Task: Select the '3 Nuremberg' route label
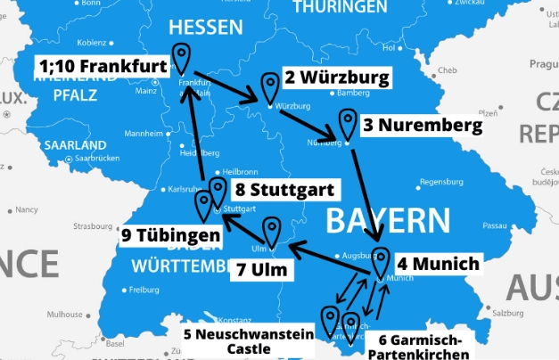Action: [422, 126]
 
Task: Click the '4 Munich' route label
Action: [438, 264]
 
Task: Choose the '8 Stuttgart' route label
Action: [284, 190]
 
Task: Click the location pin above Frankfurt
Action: [181, 58]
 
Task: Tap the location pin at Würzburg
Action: [269, 87]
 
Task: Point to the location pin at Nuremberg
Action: [347, 122]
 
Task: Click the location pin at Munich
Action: [381, 259]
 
